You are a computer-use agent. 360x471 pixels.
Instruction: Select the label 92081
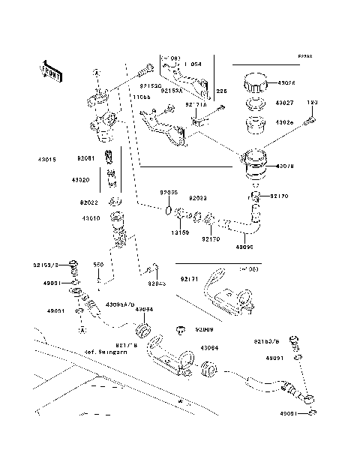coord(85,159)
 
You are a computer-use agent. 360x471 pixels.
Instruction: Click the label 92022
coord(89,202)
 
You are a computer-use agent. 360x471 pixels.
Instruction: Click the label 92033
coord(197,199)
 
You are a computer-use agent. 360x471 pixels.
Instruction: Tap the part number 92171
coord(189,279)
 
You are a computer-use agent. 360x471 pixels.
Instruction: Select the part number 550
coord(97,265)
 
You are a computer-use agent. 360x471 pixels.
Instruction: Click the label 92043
coord(157,283)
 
